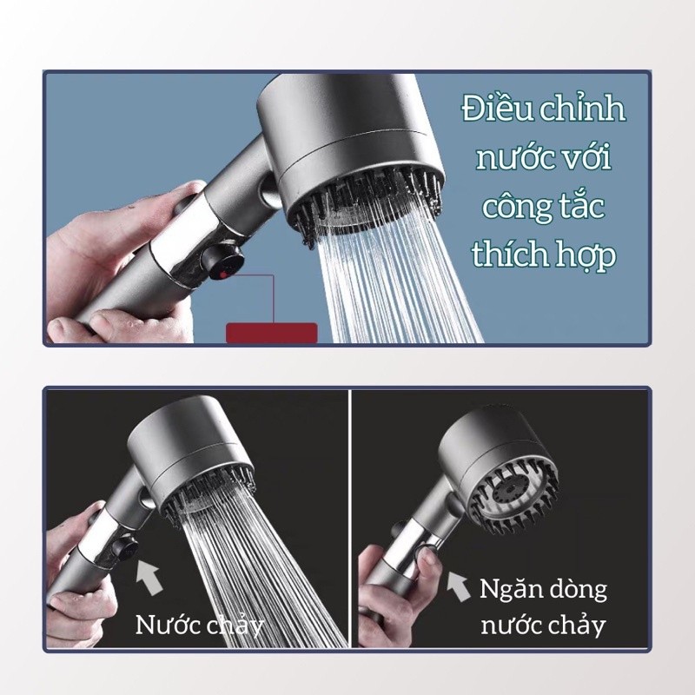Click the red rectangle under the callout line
(272, 333)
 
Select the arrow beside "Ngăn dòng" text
(458, 586)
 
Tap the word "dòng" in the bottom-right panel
(579, 590)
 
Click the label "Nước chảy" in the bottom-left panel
(200, 625)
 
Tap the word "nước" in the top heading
(506, 159)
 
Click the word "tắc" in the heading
(582, 205)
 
